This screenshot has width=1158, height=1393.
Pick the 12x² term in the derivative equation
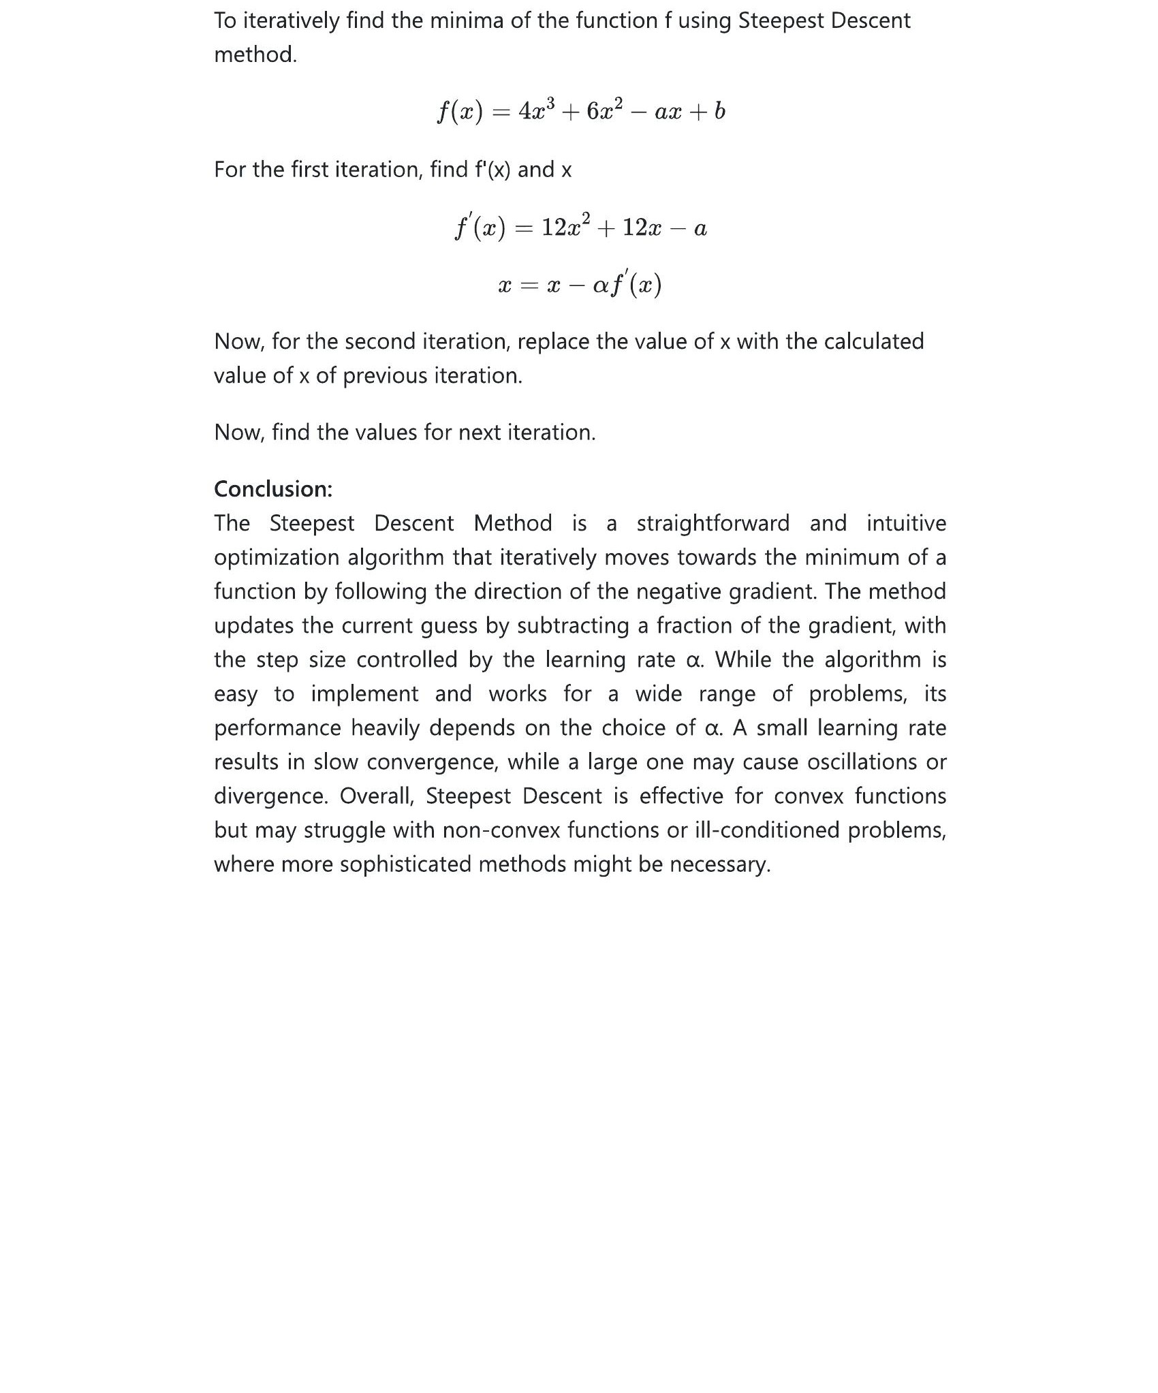(565, 227)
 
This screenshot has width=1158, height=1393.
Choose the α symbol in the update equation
(600, 285)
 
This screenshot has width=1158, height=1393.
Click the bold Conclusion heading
(273, 489)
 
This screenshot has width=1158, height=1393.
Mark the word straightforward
(713, 523)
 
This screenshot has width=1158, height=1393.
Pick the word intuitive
(906, 523)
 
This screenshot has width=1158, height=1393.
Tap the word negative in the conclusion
(679, 591)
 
